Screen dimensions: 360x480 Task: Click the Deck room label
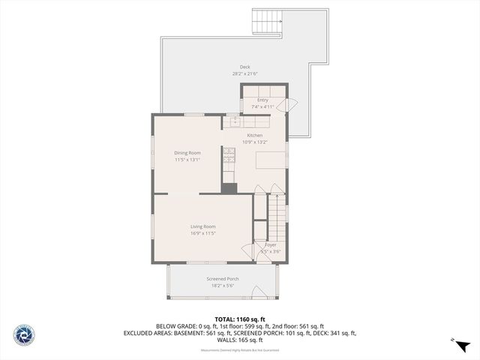point(244,67)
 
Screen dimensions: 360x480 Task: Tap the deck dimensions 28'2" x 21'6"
point(244,73)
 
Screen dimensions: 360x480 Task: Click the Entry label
point(262,100)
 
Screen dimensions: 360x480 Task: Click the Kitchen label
point(255,135)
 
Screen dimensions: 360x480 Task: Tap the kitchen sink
point(234,121)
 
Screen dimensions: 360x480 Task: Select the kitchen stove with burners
point(229,155)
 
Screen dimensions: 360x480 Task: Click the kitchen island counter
point(271,159)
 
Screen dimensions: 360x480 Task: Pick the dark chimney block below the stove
point(229,188)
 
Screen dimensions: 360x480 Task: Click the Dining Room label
point(187,152)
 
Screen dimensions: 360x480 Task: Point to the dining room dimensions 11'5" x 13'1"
point(187,159)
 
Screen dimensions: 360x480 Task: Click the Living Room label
point(202,226)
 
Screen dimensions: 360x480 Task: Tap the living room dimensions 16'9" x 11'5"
point(202,233)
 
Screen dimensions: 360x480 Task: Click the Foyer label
point(271,244)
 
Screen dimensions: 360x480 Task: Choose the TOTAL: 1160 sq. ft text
point(240,319)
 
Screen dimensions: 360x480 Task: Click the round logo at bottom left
point(24,334)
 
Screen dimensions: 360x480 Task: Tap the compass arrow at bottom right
point(462,346)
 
